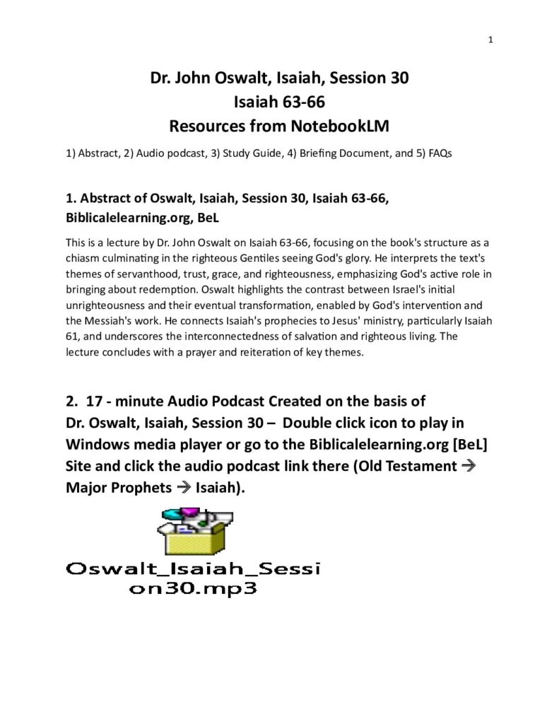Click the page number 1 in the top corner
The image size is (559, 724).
tap(490, 40)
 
